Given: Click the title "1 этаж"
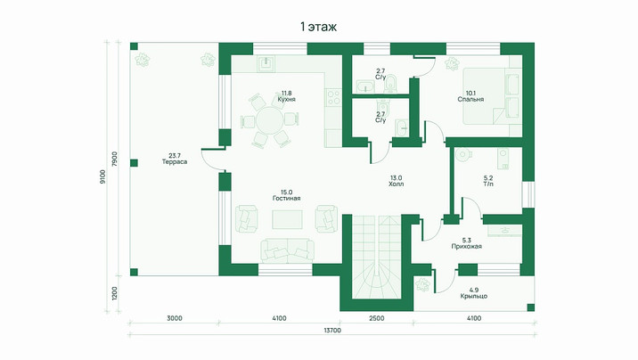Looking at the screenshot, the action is tap(319, 27).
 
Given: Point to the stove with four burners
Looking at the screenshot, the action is tap(334, 98).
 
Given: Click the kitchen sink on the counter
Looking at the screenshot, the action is tap(266, 64).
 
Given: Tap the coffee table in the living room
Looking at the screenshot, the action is tap(287, 220).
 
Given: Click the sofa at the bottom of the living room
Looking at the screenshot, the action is tap(287, 251).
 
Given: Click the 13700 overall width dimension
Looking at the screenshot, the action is tap(332, 331).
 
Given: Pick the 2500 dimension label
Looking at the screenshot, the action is tap(377, 318).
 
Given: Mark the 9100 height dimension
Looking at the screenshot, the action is tap(102, 177).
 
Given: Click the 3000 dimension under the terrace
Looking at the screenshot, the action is tap(175, 318).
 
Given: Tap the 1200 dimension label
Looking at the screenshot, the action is tap(114, 293).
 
